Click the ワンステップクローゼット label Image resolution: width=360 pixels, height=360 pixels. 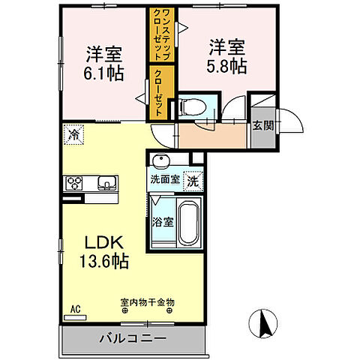pos(158,37)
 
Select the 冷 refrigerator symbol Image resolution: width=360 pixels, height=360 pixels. pos(73,134)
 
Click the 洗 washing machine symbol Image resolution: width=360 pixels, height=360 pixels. pos(192,181)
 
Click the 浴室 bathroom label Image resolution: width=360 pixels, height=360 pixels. pos(163,222)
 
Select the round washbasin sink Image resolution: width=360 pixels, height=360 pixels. pos(160,162)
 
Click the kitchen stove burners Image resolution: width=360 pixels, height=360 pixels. pos(77,182)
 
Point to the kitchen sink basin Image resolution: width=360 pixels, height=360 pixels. pos(105,182)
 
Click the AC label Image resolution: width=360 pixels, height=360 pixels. pos(74,308)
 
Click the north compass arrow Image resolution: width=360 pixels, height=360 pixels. pos(265,323)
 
